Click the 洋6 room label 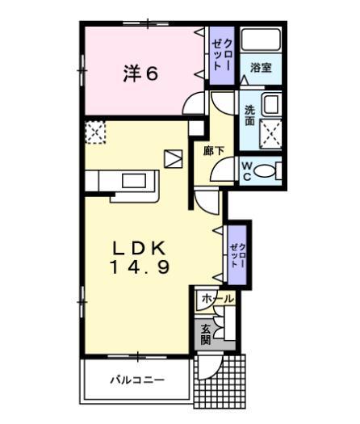[140, 73]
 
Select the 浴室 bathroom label [260, 69]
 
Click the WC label [249, 170]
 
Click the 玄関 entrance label [206, 334]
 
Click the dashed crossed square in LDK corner [95, 132]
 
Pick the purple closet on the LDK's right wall [236, 254]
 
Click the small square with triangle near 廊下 [173, 158]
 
